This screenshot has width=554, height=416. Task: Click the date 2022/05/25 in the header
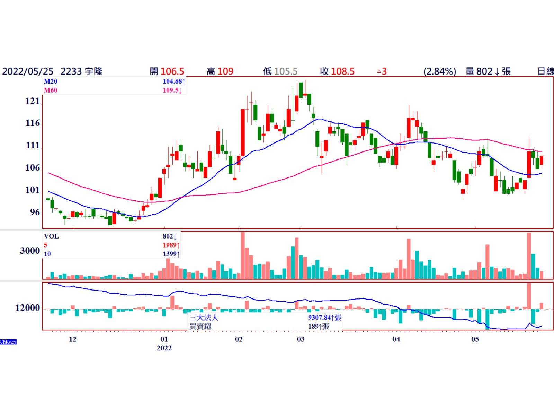28,71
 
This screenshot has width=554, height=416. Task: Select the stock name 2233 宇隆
81,71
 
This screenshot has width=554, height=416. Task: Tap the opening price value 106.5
172,71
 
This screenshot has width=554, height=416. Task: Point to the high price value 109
225,71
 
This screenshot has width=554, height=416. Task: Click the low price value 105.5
286,71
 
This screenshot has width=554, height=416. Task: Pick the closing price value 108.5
342,71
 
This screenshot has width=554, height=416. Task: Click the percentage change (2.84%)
439,71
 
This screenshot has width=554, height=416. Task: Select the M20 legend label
51,81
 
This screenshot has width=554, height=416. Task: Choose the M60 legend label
51,90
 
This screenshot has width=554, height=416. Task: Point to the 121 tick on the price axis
33,101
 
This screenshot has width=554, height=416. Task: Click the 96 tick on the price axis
35,212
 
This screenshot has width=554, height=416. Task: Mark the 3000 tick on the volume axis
30,251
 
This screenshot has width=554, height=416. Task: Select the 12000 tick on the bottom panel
27,308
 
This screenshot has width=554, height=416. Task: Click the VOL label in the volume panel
51,236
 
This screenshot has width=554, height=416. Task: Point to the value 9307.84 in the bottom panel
319,318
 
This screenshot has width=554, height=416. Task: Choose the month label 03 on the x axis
301,339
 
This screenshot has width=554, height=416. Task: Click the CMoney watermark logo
8,342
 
